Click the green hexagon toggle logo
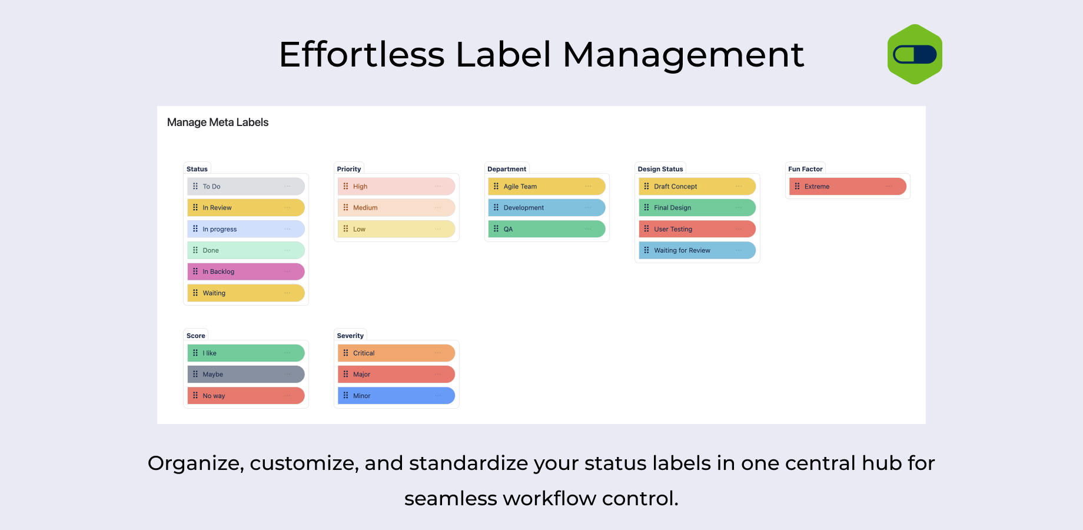coord(915,54)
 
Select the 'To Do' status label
coord(246,186)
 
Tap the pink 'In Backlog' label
coord(246,271)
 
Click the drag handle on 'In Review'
coord(195,207)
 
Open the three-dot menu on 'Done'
coord(287,250)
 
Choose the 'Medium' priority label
coord(396,207)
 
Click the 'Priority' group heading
coord(349,169)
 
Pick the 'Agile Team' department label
coord(547,186)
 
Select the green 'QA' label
coord(547,229)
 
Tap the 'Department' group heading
coord(507,169)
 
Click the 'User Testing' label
coord(697,229)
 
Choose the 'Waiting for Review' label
coord(697,250)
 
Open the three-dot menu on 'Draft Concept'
coord(739,186)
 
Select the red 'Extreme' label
coord(848,186)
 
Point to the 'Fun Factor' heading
coord(805,169)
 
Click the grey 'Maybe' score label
coord(246,374)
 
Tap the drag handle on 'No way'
coord(195,395)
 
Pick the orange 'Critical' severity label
coord(396,353)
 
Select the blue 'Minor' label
coord(396,396)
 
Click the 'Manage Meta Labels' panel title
coord(218,122)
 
